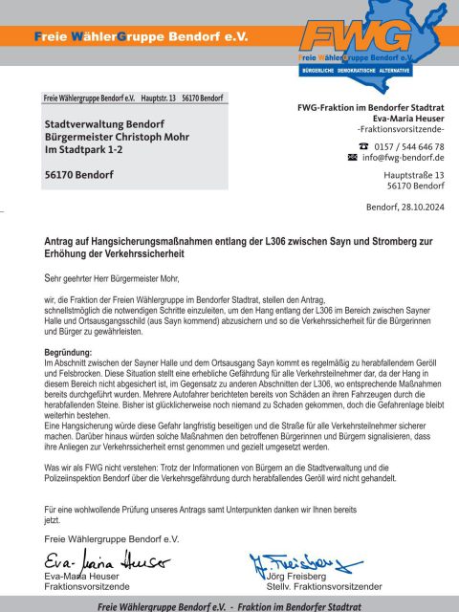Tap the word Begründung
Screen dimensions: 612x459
tap(70, 354)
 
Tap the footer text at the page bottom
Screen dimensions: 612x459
tap(229, 605)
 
